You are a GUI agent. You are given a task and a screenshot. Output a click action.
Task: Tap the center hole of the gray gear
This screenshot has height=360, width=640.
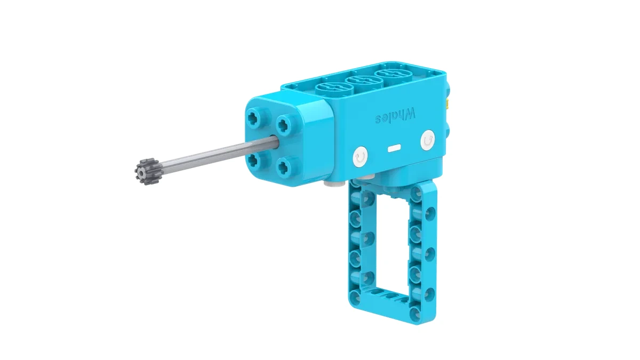[x=142, y=172]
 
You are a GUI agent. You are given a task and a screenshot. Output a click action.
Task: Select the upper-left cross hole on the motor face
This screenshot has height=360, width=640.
[x=254, y=119]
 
